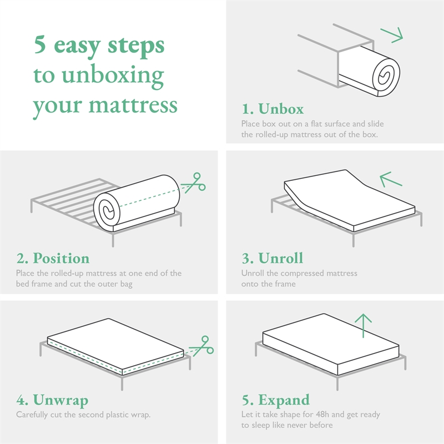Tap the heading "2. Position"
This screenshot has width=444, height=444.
click(52, 258)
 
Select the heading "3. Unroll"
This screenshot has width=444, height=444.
click(272, 258)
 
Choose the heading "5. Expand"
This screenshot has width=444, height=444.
click(275, 400)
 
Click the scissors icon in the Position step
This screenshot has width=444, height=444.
click(194, 183)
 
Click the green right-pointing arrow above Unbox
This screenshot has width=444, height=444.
click(392, 35)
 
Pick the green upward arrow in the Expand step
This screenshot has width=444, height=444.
click(363, 325)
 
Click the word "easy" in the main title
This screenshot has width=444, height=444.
click(78, 46)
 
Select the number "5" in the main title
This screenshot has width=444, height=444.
click(39, 45)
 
